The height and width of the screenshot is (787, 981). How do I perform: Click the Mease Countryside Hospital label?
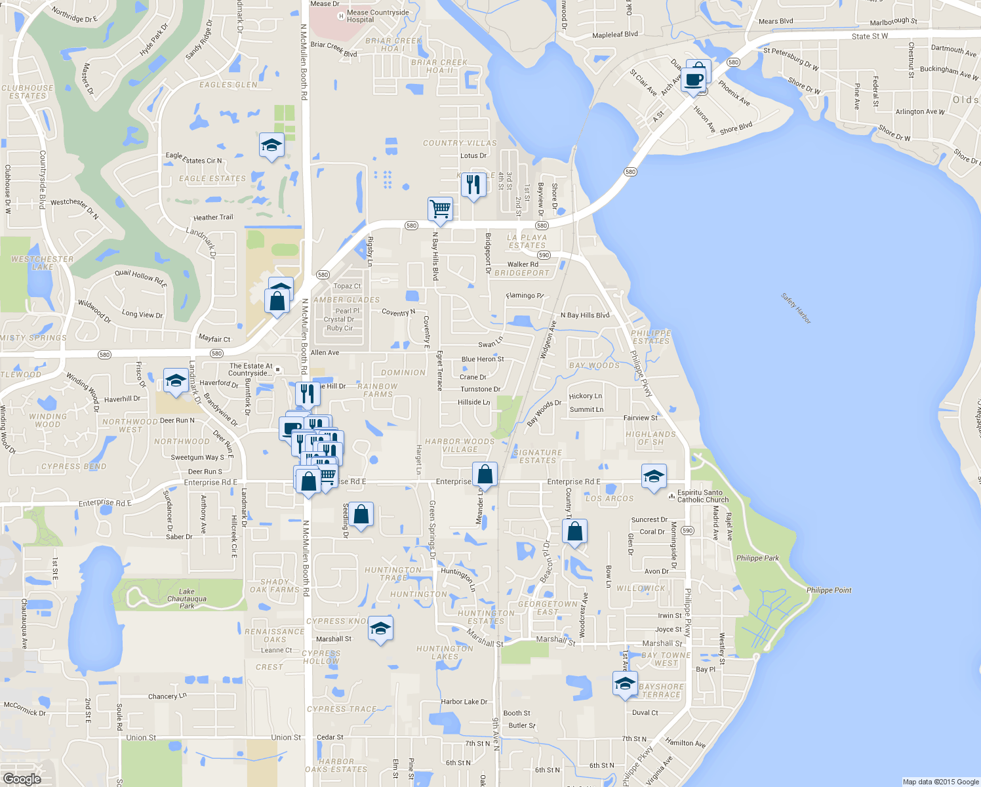coord(378,16)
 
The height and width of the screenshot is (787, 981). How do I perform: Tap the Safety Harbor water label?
coord(796,308)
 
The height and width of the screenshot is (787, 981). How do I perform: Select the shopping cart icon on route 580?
coord(440,210)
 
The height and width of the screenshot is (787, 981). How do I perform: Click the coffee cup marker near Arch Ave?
coord(694,80)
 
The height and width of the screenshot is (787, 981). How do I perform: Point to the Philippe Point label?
coord(829,590)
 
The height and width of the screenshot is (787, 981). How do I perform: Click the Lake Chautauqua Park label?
coord(187,598)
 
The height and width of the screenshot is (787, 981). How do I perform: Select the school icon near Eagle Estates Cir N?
coord(271,146)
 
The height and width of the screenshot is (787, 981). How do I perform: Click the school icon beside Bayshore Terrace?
coord(625,684)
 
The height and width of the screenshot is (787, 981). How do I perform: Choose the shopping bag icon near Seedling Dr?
coord(361,515)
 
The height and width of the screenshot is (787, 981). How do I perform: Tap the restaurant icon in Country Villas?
coord(473,185)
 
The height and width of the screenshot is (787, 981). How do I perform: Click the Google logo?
coord(22,778)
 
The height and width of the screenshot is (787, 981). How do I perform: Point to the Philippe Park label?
coord(757,558)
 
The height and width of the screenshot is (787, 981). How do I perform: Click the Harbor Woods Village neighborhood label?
coord(460,445)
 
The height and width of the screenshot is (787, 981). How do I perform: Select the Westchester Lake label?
coord(42,263)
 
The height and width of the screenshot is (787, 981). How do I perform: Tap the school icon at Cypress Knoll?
coord(380,629)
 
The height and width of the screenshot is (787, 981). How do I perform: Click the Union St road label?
coord(141,738)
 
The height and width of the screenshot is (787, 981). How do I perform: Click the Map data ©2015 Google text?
coord(940,782)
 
